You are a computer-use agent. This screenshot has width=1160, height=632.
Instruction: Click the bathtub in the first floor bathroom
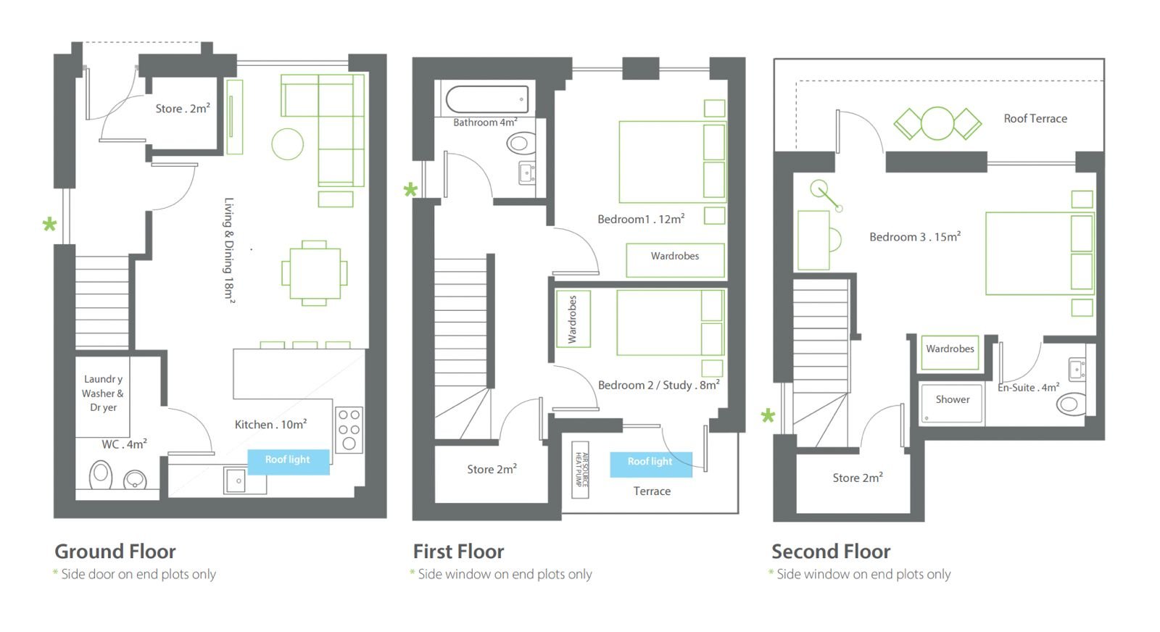click(x=486, y=99)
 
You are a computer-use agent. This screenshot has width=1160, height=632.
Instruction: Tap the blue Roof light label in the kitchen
click(x=288, y=461)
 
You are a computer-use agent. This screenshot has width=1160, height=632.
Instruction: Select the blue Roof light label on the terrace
click(x=650, y=463)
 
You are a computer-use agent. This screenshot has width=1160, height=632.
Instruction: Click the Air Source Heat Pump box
click(x=580, y=470)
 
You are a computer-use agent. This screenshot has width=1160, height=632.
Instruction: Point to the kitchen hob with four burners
click(x=349, y=430)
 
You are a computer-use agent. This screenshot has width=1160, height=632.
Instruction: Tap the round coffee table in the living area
click(x=287, y=144)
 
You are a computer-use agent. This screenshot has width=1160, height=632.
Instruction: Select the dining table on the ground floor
click(x=315, y=273)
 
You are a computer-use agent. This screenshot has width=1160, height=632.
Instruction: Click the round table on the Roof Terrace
click(x=937, y=123)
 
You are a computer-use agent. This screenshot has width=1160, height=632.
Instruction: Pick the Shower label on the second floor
click(x=953, y=399)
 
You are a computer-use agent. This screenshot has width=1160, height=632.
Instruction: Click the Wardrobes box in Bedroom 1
click(x=675, y=260)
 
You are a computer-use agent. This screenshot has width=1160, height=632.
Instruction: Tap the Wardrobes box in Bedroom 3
click(x=950, y=352)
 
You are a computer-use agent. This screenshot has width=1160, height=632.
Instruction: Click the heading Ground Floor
click(x=115, y=552)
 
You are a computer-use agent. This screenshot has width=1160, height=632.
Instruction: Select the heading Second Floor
click(x=831, y=552)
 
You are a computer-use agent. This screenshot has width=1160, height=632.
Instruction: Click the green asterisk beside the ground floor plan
click(x=49, y=225)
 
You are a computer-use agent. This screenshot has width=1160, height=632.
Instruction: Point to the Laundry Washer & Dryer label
click(x=103, y=394)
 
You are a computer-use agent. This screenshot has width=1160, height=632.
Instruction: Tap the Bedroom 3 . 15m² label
click(x=915, y=237)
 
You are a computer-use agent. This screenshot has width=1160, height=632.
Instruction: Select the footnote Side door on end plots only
click(x=138, y=575)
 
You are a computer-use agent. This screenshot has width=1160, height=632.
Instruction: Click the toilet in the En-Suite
click(x=1070, y=404)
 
